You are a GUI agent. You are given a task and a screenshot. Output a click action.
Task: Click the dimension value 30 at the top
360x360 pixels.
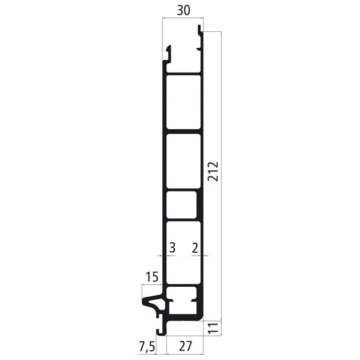182,11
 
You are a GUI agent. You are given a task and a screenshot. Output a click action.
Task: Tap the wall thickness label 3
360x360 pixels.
172,248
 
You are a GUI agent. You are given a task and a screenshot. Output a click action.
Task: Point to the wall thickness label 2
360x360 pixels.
194,248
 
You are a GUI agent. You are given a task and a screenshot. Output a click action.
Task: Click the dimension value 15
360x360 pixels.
151,276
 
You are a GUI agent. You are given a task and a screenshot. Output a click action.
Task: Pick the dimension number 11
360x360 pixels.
213,328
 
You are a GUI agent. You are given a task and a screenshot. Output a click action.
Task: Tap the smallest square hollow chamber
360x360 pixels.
182,205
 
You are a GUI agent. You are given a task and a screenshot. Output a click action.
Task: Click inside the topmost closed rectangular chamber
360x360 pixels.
183,102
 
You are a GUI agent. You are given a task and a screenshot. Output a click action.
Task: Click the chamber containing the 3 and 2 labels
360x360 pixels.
183,253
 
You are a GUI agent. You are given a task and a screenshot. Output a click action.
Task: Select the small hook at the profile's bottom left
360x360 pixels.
159,331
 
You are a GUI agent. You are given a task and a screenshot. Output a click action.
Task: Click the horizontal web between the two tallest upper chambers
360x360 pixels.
183,131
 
